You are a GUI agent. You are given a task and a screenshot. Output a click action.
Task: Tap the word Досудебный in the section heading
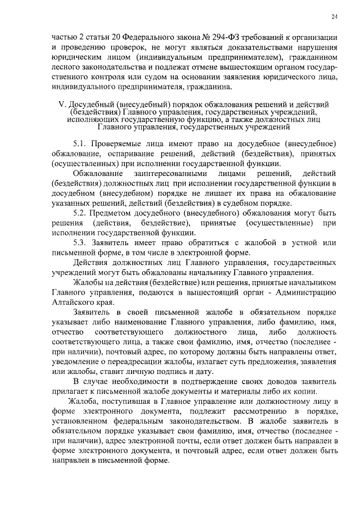[x=91, y=105]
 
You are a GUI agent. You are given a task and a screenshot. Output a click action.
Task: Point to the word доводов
[x=243, y=381]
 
